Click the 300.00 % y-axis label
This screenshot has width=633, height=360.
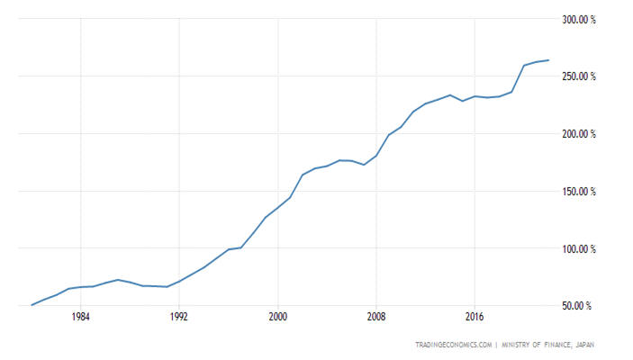pyautogui.click(x=578, y=19)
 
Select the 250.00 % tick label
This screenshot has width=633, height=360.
pyautogui.click(x=578, y=76)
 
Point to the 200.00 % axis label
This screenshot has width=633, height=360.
pyautogui.click(x=578, y=134)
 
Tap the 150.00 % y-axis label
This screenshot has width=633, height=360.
pyautogui.click(x=578, y=192)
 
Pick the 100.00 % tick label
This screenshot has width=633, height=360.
pyautogui.click(x=578, y=249)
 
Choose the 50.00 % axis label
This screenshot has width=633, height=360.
pyautogui.click(x=580, y=307)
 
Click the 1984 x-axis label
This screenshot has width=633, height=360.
pyautogui.click(x=81, y=317)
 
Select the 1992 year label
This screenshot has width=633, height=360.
pyautogui.click(x=179, y=317)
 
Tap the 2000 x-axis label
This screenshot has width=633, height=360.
pyautogui.click(x=278, y=317)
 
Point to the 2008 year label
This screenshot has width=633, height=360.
pyautogui.click(x=376, y=317)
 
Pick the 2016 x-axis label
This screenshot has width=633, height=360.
pyautogui.click(x=475, y=317)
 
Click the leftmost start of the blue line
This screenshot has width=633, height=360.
pyautogui.click(x=32, y=305)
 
